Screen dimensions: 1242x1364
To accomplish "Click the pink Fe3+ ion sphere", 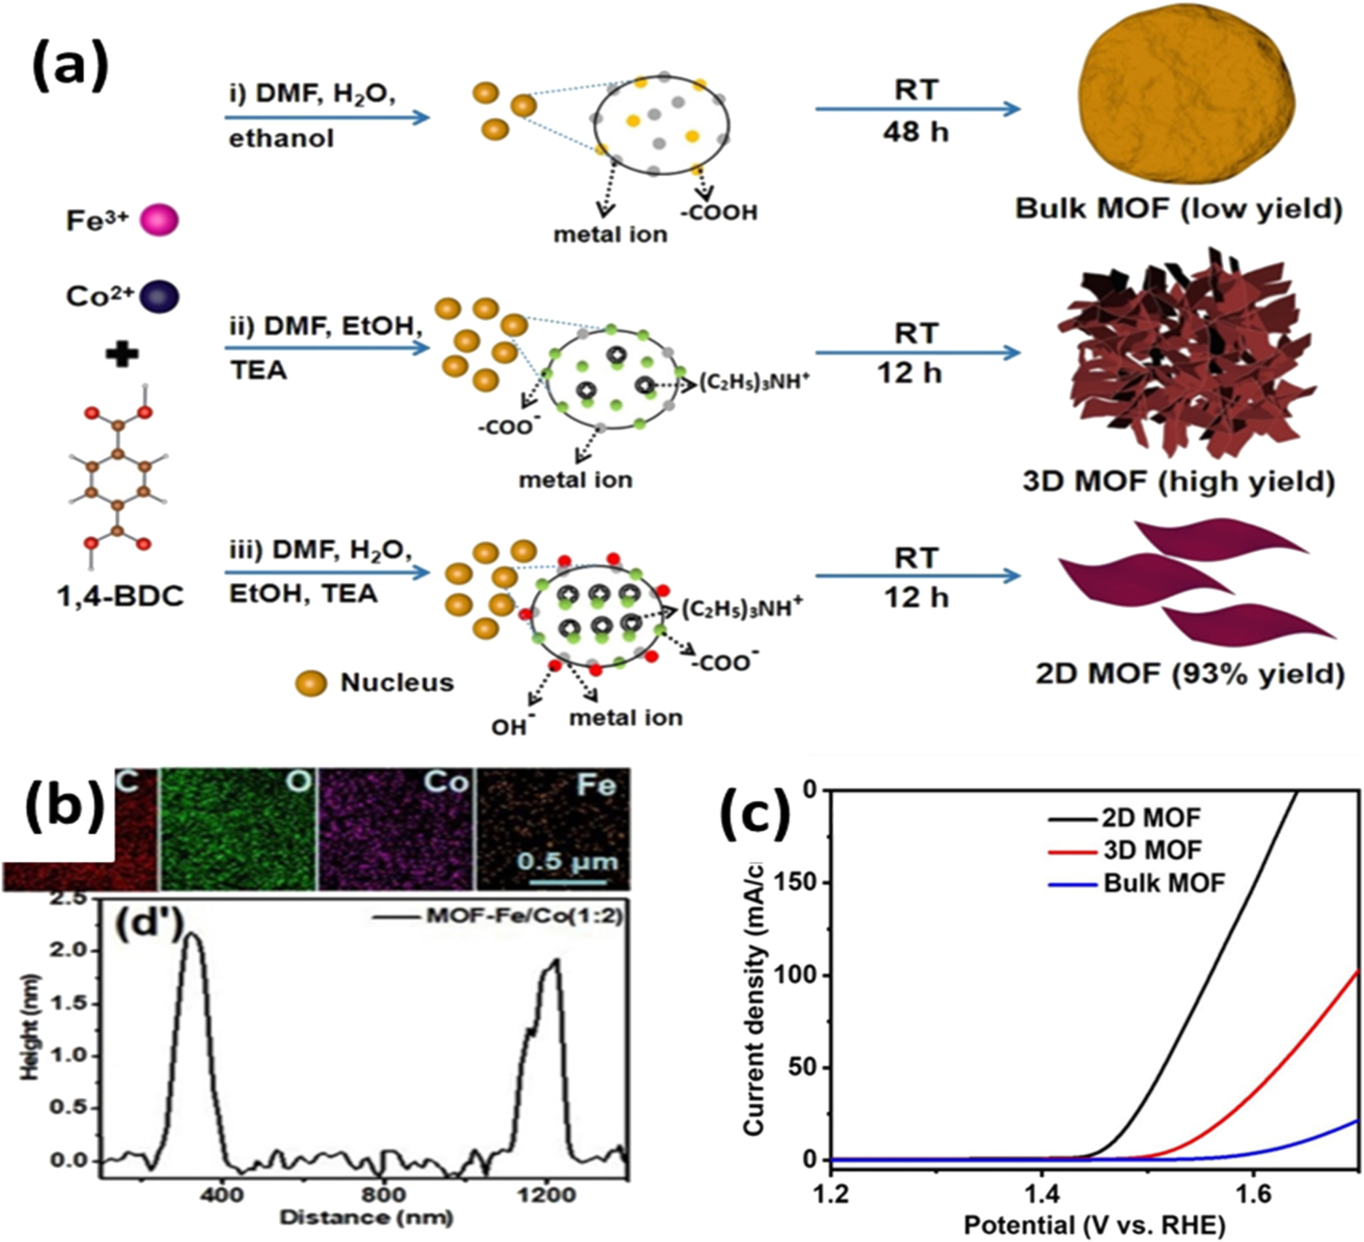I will coord(159,221).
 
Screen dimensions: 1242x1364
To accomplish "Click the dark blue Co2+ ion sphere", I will coord(159,297).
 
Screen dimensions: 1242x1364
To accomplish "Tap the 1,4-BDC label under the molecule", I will coord(121,597).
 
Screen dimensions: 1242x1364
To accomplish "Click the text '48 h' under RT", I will coord(915,131).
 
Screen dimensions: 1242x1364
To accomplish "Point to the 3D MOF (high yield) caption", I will coord(1178,482).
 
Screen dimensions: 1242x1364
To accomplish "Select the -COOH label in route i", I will coord(718,213).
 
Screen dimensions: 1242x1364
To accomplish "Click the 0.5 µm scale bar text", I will coord(567,861).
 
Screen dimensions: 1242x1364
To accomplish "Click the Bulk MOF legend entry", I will coord(1164,883).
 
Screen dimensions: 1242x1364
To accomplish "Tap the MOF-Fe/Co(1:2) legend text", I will coord(524,916).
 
